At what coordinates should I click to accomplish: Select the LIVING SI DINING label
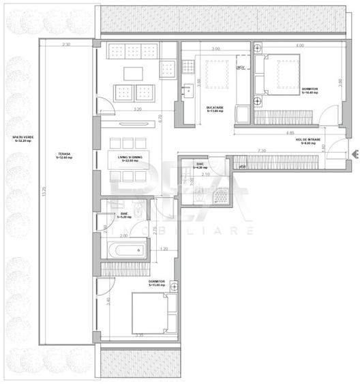coord(130,158)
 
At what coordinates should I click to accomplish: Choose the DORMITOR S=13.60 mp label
coord(158,282)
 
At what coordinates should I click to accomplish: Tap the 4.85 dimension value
coord(290,132)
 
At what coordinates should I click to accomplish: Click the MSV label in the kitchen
coord(241,68)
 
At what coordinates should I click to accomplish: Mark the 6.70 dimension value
coord(160,117)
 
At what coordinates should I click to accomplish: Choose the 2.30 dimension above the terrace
coord(65,44)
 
